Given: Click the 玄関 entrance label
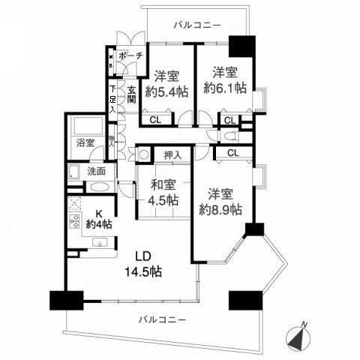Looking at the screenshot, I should tap(131, 94).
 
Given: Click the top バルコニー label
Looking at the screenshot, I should tap(197, 25).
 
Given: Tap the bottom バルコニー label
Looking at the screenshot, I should tap(162, 320).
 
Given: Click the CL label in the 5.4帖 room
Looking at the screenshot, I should tap(154, 118).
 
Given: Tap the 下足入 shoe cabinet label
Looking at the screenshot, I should tap(112, 99).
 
